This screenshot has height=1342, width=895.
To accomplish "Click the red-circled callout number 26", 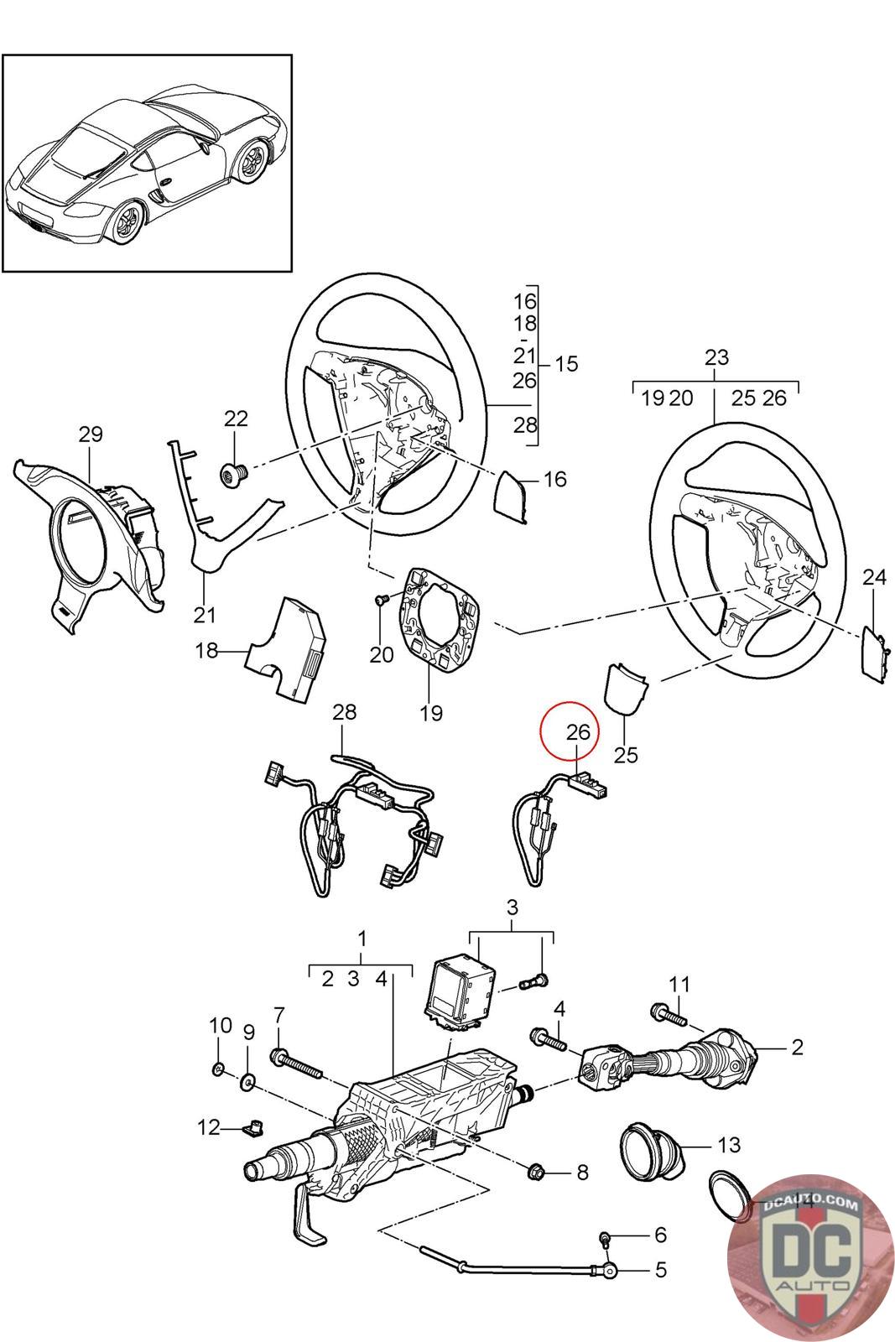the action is (578, 732).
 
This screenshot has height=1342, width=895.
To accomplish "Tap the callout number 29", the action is (91, 434).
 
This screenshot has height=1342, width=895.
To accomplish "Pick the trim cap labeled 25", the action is (625, 689).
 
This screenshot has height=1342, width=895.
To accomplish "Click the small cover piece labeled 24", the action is (873, 653).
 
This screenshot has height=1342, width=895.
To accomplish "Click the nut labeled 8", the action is (536, 1171).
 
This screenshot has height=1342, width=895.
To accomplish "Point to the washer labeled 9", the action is (247, 1082).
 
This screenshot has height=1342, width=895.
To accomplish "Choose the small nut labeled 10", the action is (219, 1069).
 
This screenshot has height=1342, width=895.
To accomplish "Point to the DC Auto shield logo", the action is (810, 1259).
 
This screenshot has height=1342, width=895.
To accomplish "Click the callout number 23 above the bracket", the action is (716, 357).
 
